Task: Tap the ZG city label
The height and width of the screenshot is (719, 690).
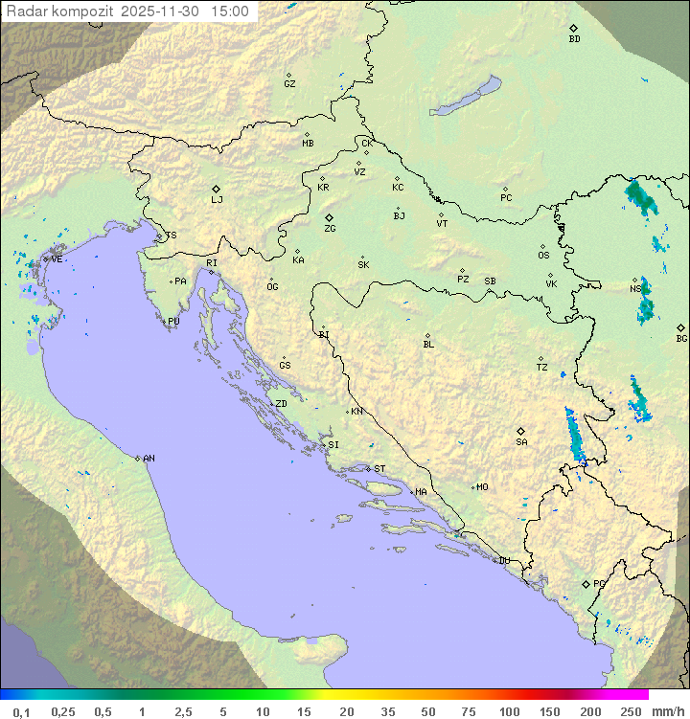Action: pos(330,229)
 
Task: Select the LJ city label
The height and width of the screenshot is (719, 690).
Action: pos(217,200)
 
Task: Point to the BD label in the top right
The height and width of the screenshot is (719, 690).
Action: pos(574,39)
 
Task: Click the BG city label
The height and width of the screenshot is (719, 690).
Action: pos(681,338)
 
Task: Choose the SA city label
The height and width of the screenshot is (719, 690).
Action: pos(521,442)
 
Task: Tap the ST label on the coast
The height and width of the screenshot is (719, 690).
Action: pos(379,469)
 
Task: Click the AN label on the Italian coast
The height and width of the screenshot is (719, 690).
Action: pos(149,459)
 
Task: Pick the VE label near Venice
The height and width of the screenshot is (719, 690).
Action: pos(57,259)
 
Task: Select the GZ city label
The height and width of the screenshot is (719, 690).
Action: pos(289,84)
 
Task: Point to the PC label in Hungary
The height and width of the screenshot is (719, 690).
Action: pos(506,198)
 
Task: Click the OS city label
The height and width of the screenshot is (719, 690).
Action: pos(543,256)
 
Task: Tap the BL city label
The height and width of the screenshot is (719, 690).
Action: pos(428,345)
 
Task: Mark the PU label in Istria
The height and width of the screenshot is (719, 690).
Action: pos(173,322)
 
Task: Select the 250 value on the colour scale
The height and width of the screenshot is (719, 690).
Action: pos(630,711)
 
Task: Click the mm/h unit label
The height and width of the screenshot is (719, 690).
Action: pos(664,711)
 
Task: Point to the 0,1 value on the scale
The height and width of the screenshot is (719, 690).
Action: pos(21,711)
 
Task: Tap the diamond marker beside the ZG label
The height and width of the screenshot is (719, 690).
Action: pos(329,218)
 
